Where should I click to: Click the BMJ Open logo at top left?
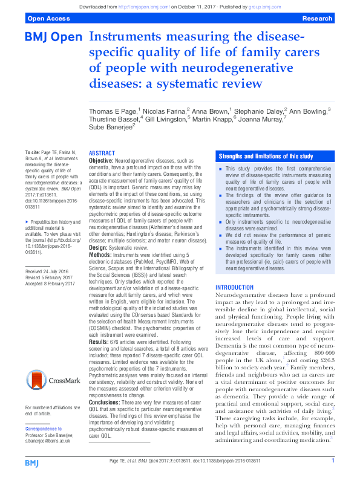[53, 37]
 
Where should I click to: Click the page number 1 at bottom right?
[333, 461]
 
